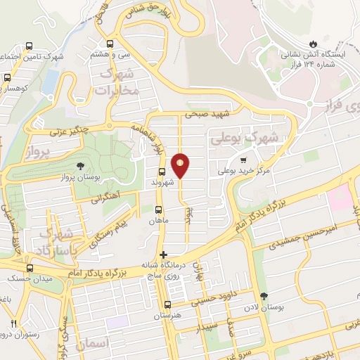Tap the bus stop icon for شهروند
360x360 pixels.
click(162, 171)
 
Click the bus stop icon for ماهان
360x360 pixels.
click(158, 210)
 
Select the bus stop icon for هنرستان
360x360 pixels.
click(167, 304)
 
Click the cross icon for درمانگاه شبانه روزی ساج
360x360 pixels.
click(164, 255)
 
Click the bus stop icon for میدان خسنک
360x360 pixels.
click(29, 268)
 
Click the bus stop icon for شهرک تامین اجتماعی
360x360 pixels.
click(28, 46)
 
